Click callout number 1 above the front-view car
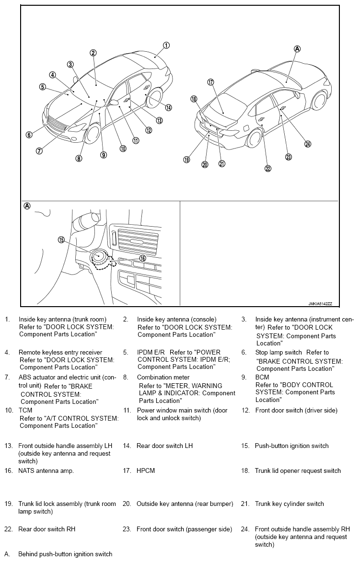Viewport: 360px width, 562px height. [166, 46]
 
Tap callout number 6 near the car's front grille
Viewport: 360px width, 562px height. [29, 135]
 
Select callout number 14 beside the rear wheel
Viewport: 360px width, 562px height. [168, 107]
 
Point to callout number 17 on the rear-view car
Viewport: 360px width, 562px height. [210, 82]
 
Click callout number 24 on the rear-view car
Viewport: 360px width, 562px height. [308, 144]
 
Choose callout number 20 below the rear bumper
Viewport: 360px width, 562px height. [205, 164]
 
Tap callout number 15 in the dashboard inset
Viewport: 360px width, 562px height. [61, 240]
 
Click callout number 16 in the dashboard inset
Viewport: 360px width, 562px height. [142, 258]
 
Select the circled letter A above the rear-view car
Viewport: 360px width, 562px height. [297, 48]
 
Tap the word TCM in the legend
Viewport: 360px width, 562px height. [25, 411]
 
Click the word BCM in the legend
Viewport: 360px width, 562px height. [262, 377]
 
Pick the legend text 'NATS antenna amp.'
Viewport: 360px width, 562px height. [46, 471]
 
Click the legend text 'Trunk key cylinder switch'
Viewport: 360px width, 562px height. [289, 504]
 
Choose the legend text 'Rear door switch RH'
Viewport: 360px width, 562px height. [46, 529]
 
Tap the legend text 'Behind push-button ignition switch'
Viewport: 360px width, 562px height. [65, 554]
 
